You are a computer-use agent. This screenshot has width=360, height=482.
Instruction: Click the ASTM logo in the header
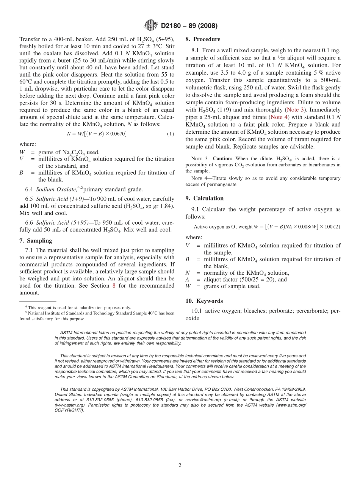(150, 26)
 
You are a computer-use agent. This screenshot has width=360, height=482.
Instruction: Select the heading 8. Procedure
(203, 39)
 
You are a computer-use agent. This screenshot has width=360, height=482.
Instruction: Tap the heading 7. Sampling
(36, 241)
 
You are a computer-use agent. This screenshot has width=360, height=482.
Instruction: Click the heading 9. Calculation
(205, 198)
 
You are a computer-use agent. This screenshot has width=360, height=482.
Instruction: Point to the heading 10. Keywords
(204, 301)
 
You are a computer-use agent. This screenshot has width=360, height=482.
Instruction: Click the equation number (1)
(170, 134)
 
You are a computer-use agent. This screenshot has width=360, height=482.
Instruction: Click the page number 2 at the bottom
(180, 465)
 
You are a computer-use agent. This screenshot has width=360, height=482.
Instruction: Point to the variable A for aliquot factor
(188, 280)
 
